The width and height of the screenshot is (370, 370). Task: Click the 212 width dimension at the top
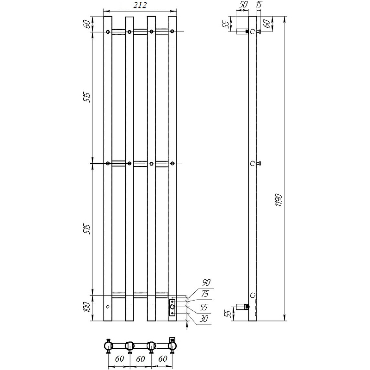pyautogui.click(x=140, y=5)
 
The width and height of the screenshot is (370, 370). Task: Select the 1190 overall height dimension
pyautogui.click(x=279, y=200)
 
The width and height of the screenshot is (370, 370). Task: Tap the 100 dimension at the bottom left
pyautogui.click(x=87, y=307)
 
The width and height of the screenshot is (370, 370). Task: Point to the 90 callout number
pyautogui.click(x=206, y=283)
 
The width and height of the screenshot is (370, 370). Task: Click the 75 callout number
pyautogui.click(x=205, y=294)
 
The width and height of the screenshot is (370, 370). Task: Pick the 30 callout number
pyautogui.click(x=203, y=319)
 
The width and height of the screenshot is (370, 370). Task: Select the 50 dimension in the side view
pyautogui.click(x=243, y=5)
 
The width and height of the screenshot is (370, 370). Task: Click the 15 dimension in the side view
pyautogui.click(x=259, y=5)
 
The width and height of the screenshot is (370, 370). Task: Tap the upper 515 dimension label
pyautogui.click(x=87, y=97)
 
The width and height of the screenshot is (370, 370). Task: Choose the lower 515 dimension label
pyautogui.click(x=87, y=229)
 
